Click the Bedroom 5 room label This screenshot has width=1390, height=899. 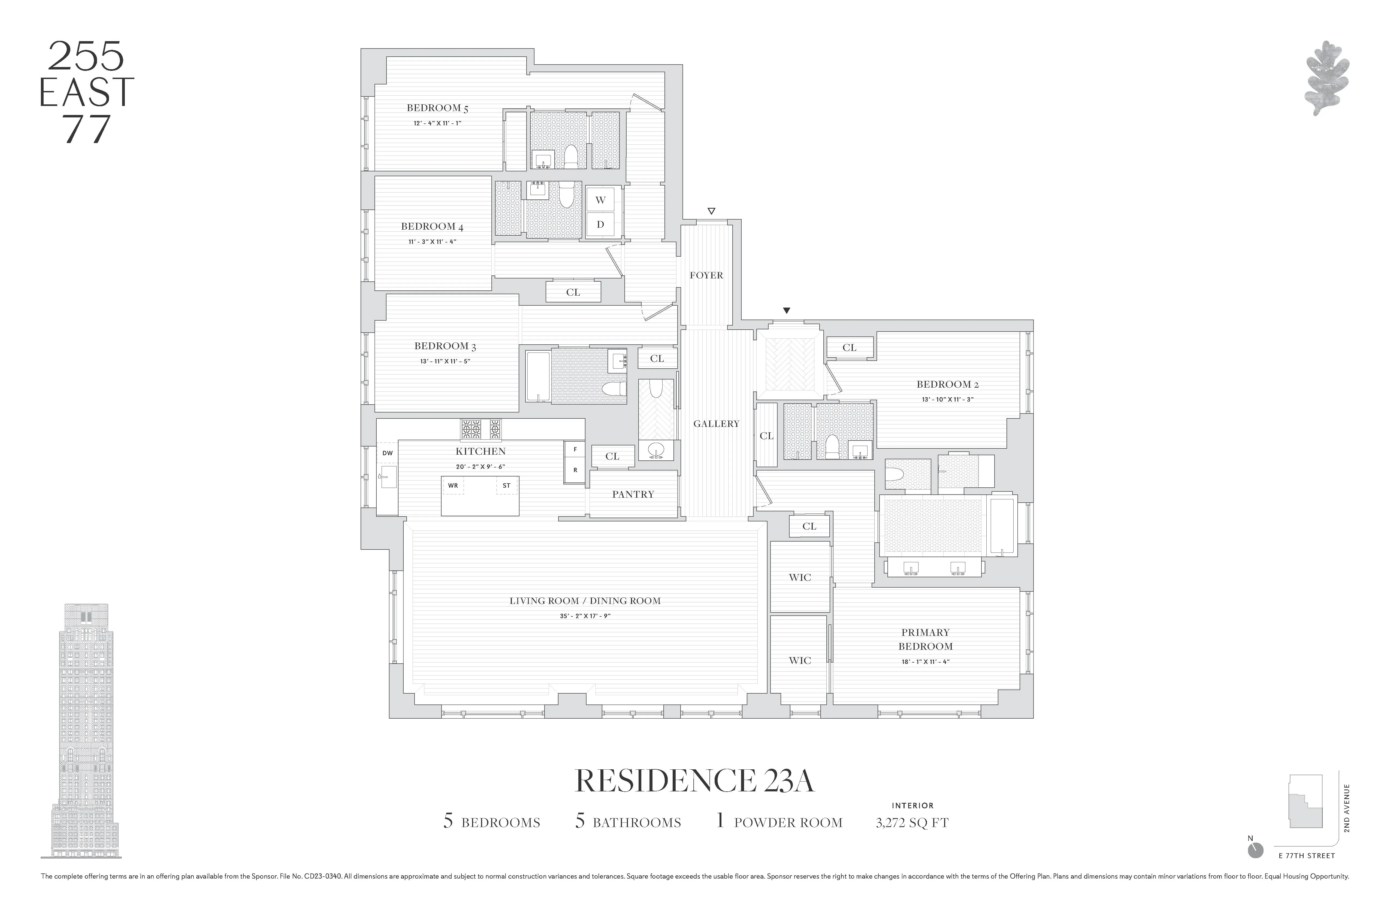[437, 108]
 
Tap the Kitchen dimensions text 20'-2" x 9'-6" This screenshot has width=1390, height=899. [480, 466]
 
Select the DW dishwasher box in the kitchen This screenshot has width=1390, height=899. [387, 453]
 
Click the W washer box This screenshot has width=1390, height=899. [600, 200]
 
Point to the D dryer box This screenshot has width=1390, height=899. [600, 224]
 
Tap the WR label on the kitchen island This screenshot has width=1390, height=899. [453, 485]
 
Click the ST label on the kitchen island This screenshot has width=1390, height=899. [506, 485]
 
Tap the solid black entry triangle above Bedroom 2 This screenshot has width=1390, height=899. [787, 311]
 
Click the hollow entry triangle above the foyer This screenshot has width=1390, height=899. [711, 211]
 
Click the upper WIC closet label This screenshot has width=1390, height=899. [800, 577]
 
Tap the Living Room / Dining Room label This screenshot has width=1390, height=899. [585, 601]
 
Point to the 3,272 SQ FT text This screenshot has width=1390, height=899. [912, 823]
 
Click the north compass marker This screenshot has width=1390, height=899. [1255, 850]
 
